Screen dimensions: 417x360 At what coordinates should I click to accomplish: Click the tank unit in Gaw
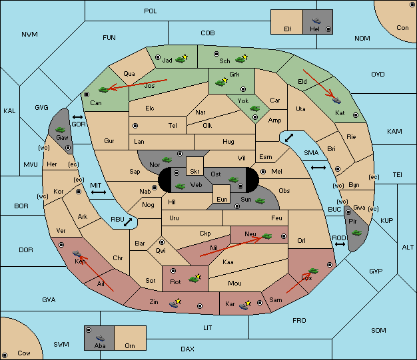click(61, 130)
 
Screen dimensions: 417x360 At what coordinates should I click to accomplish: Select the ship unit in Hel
click(316, 21)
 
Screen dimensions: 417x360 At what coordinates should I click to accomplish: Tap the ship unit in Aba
click(100, 338)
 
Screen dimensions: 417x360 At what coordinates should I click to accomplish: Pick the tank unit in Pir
click(356, 233)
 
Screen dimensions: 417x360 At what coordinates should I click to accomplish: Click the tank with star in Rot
click(195, 278)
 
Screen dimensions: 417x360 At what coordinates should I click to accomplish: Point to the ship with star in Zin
click(175, 303)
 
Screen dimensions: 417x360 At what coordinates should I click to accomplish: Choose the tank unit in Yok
click(254, 108)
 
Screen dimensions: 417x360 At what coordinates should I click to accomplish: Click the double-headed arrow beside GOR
click(78, 117)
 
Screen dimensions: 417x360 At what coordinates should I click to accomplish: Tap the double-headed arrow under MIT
click(99, 192)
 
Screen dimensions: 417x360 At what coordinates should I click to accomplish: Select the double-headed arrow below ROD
click(340, 244)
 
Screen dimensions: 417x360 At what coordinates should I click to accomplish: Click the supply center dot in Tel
click(135, 126)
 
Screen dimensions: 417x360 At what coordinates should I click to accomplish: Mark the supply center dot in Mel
click(263, 172)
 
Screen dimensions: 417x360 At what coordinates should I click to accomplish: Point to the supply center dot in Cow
click(5, 355)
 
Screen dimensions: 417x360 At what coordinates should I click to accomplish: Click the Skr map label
click(195, 172)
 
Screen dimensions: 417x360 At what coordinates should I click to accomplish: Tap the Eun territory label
click(222, 199)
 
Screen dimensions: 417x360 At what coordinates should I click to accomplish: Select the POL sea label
click(151, 11)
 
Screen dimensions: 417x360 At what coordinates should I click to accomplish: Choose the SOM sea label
click(378, 330)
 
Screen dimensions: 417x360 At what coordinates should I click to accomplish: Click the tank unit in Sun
click(260, 201)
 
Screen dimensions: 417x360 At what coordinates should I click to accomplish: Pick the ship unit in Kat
click(336, 100)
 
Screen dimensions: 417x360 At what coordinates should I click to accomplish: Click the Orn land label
click(130, 345)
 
